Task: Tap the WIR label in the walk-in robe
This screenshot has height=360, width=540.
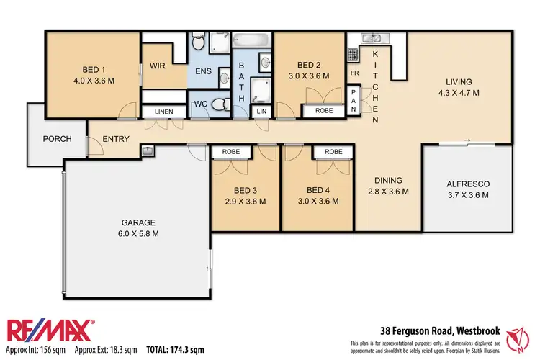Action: tap(158, 66)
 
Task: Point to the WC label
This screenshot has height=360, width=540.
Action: tap(202, 104)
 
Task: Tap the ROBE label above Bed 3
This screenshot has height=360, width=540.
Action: tap(231, 152)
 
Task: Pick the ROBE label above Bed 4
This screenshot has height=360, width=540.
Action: tap(333, 152)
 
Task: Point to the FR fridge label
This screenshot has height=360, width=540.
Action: tap(354, 73)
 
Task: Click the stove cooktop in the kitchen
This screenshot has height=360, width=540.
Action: tap(354, 54)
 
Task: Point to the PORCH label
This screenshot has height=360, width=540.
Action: tap(57, 139)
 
